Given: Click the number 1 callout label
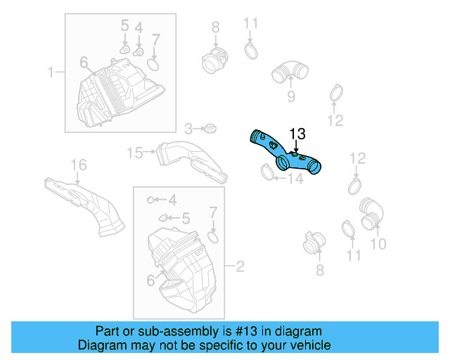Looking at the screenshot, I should pyautogui.click(x=51, y=72).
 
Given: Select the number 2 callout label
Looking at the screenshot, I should pyautogui.click(x=240, y=267).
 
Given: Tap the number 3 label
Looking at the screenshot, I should pyautogui.click(x=188, y=129).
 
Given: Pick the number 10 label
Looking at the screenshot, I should pyautogui.click(x=378, y=244).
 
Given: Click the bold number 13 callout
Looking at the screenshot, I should pyautogui.click(x=297, y=133).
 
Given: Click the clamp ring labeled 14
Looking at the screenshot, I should pyautogui.click(x=266, y=170).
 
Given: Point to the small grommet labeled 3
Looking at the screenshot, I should pyautogui.click(x=209, y=129).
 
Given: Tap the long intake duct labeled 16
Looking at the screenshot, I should pyautogui.click(x=84, y=203).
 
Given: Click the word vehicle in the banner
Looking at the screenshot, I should pyautogui.click(x=306, y=345).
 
